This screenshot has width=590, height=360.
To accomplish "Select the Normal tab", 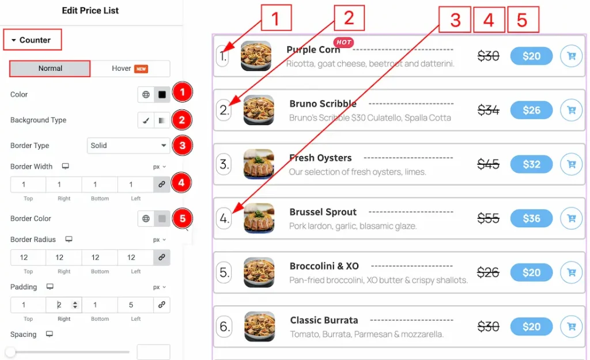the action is (x=50, y=69).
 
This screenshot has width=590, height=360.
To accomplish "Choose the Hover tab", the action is (x=130, y=69).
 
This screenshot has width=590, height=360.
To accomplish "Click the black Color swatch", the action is (x=162, y=94).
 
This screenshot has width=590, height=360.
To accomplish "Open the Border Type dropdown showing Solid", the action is (x=128, y=146).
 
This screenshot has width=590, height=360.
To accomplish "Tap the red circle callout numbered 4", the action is (x=181, y=183).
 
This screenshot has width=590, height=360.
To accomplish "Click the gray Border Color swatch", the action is (x=162, y=218).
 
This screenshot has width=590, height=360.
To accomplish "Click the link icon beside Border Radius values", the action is (x=162, y=257).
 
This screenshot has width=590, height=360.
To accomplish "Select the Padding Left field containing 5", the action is (x=135, y=305).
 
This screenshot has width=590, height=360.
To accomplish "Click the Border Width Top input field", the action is (x=28, y=184).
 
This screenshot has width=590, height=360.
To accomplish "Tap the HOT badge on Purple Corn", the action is (x=343, y=42).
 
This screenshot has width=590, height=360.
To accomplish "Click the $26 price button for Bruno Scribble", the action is (x=531, y=110).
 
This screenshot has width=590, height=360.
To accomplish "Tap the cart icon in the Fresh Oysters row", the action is (x=571, y=164).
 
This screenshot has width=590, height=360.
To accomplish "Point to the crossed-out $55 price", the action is (x=488, y=218).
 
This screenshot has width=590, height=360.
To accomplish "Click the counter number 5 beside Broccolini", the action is (x=224, y=272).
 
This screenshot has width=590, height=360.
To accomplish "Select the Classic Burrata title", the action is (x=324, y=320).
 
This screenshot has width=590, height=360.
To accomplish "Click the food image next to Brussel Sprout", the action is (x=259, y=218).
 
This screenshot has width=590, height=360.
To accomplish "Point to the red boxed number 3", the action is (x=455, y=20).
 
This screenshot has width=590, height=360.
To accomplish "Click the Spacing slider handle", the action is (x=10, y=352).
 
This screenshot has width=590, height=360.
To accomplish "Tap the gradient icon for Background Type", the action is (x=162, y=120).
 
